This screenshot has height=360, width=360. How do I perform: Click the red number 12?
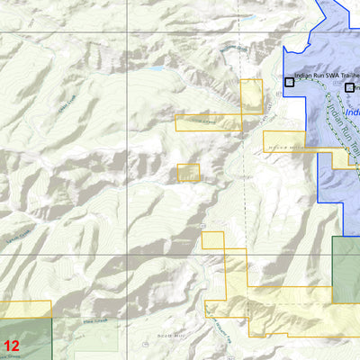pyautogui.click(x=11, y=346)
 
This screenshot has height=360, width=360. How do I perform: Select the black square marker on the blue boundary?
pyautogui.click(x=289, y=82)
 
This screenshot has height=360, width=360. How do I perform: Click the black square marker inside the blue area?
pyautogui.click(x=349, y=87)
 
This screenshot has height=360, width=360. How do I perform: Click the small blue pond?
pyautogui.click(x=156, y=68)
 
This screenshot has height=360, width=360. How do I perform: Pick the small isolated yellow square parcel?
pyautogui.click(x=188, y=173)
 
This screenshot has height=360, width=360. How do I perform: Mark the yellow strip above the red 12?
pyautogui.click(x=25, y=310)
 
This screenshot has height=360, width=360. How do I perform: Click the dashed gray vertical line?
pyautogui.click(x=241, y=180)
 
